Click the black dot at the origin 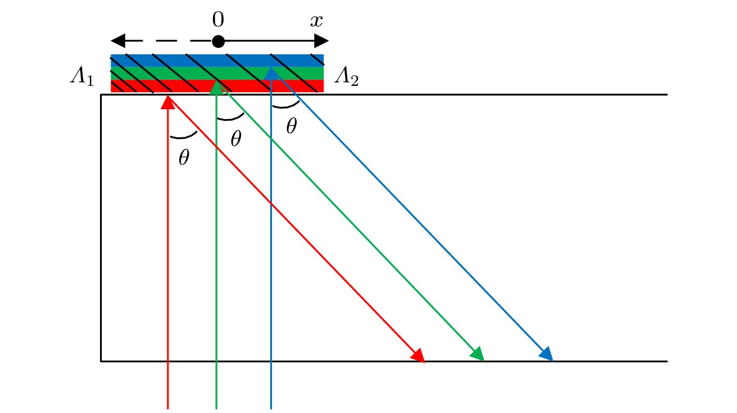pos(218,41)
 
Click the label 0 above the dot pos(218,20)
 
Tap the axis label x pos(316,21)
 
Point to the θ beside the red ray pos(184,157)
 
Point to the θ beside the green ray pos(236,139)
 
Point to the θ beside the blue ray pos(291,126)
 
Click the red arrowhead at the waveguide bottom pos(418,355)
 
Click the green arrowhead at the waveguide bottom pos(478,354)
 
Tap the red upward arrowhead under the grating pos(168,102)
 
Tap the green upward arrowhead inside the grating pos(216,88)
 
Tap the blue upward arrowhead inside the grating pos(271,72)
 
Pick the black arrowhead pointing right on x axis pos(321,41)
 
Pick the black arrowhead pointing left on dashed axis pos(119,41)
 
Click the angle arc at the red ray pos(182,137)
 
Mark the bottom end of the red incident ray pos(168,408)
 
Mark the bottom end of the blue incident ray pos(271,408)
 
